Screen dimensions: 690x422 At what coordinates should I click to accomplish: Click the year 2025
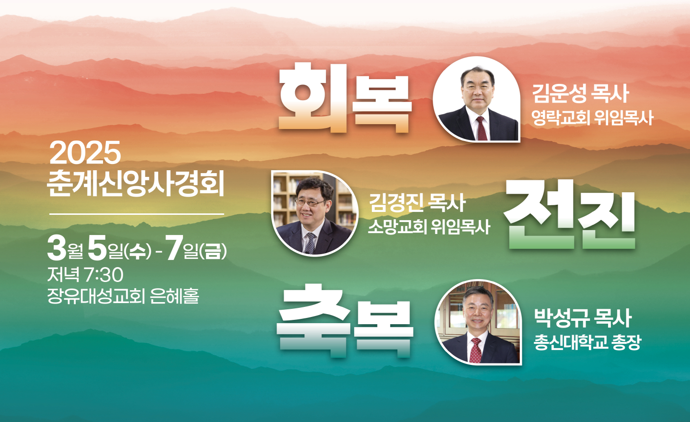coord(85,153)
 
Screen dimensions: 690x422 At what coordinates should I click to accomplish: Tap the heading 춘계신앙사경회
coord(136,184)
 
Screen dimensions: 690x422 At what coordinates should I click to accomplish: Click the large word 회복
coord(345,98)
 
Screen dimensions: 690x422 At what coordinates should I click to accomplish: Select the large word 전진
coord(569,214)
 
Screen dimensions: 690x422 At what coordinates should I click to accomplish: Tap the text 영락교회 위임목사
coord(592,118)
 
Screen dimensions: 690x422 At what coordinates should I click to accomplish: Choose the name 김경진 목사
coord(417,203)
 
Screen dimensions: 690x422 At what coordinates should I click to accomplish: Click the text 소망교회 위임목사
coord(429,227)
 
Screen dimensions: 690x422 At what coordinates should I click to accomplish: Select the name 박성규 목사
coord(583,318)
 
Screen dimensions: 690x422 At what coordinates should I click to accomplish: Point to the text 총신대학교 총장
coord(587,342)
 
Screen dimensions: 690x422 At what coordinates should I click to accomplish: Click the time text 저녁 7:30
coord(85,274)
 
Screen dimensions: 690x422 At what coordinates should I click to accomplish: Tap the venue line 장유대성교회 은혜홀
coord(123,295)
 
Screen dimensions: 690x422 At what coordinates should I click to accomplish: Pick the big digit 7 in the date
coord(174,247)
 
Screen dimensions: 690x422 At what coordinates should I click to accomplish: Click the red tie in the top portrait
coord(482,129)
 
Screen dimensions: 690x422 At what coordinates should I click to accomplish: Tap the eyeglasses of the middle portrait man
coord(310,202)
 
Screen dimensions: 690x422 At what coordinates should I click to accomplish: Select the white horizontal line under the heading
coord(137,213)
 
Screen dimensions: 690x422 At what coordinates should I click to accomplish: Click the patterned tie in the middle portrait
coord(310,243)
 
